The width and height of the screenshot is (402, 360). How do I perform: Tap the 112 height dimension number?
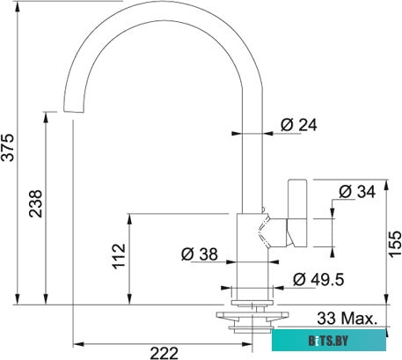tap(120, 255)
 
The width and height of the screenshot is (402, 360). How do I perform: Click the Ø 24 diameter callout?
tap(298, 125)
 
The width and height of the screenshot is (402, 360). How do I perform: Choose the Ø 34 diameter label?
tap(357, 191)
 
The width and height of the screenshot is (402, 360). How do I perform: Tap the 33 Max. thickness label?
tap(347, 317)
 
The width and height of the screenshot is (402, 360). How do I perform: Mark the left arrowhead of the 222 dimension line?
tap(77, 339)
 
